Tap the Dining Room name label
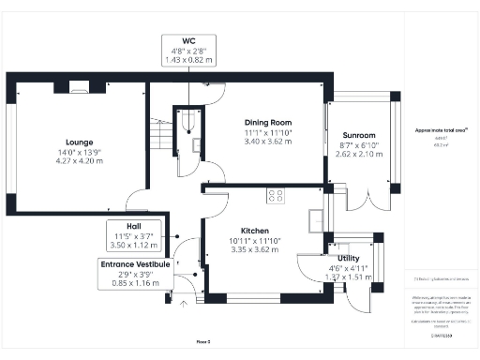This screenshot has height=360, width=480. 268,123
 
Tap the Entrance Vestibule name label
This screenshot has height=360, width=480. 135,265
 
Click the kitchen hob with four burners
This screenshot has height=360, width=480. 277,195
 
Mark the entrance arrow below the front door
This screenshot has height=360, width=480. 185,301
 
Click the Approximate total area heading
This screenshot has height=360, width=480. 441,130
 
